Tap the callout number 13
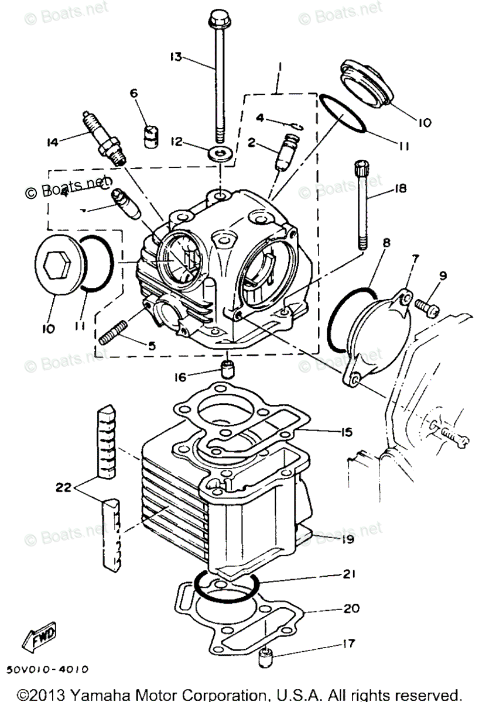[x=176, y=57]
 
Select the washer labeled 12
[x=220, y=154]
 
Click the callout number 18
[x=401, y=188]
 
